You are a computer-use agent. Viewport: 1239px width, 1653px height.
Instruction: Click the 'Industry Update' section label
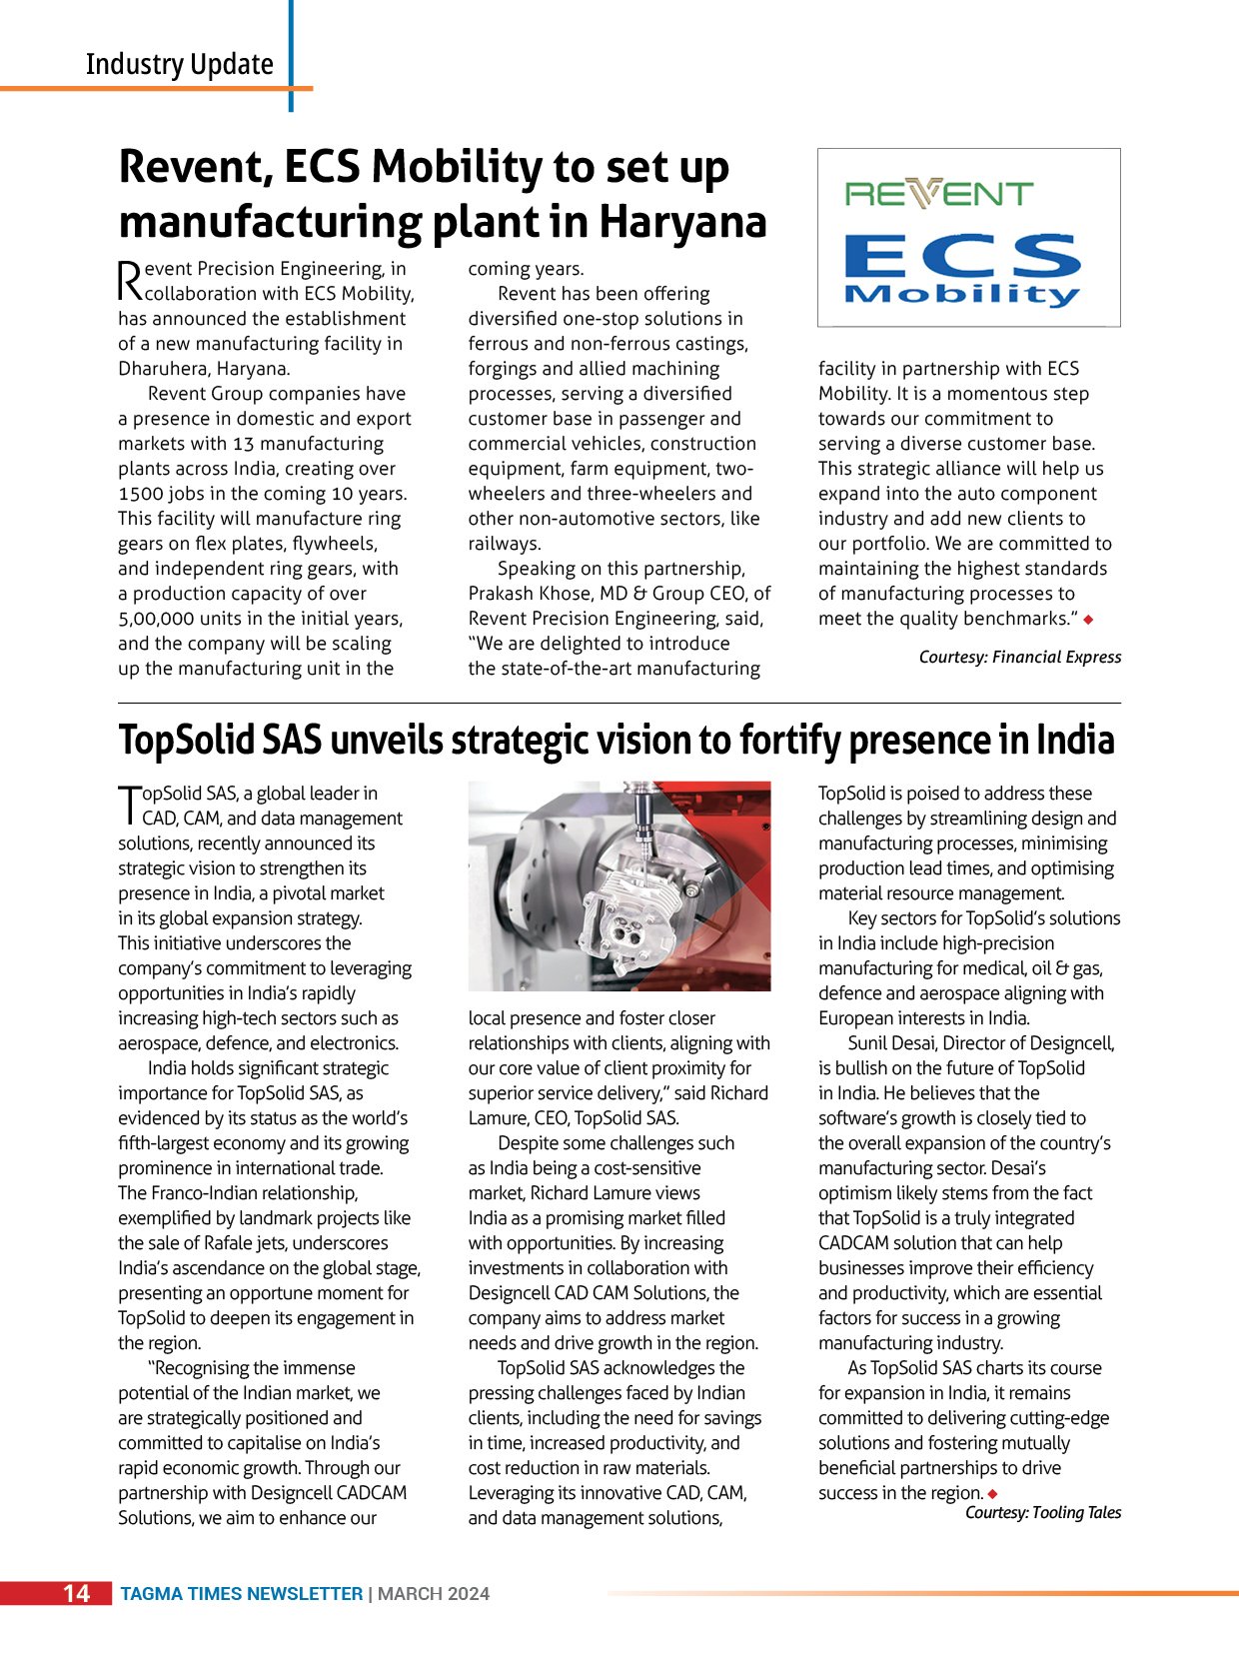click(x=180, y=65)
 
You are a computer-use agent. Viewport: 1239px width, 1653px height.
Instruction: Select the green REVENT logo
click(x=939, y=193)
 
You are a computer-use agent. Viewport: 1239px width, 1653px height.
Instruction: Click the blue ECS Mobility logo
click(x=963, y=269)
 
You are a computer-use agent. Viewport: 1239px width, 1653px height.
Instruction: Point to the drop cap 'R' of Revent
click(x=130, y=281)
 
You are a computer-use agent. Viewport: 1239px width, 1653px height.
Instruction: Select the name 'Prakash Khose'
click(x=530, y=594)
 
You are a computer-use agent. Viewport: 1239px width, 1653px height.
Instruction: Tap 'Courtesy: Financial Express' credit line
click(x=1019, y=657)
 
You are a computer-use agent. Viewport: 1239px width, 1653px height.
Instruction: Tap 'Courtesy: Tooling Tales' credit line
click(x=1042, y=1512)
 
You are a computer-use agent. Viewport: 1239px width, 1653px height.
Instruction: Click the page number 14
click(x=76, y=1593)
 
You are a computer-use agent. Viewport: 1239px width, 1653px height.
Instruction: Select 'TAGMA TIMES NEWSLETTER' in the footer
click(x=241, y=1594)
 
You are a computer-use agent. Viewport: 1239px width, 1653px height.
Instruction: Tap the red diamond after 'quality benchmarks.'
click(x=1088, y=620)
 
